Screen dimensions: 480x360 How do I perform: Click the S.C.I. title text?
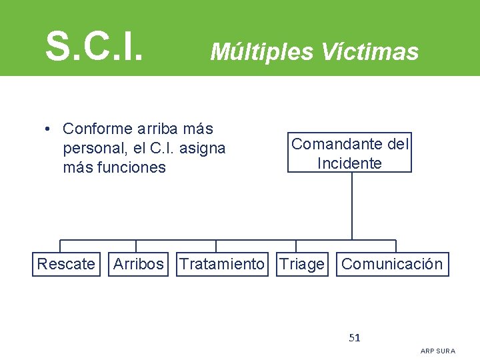[x=94, y=45]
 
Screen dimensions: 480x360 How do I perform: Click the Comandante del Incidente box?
[x=349, y=153]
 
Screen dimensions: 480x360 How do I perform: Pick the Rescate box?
[x=66, y=264]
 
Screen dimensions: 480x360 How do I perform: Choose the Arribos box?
[x=138, y=264]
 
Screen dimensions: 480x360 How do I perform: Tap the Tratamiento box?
[x=222, y=264]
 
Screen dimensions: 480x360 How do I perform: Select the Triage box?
[x=302, y=264]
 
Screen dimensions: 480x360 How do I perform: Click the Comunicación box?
[x=392, y=264]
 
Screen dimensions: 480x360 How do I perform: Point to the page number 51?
[x=355, y=337]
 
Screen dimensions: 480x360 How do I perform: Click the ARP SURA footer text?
[x=438, y=351]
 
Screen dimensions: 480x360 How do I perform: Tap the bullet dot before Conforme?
[x=49, y=129]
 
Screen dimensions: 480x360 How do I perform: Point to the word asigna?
[x=204, y=148]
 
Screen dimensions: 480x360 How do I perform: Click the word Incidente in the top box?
[x=349, y=163]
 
